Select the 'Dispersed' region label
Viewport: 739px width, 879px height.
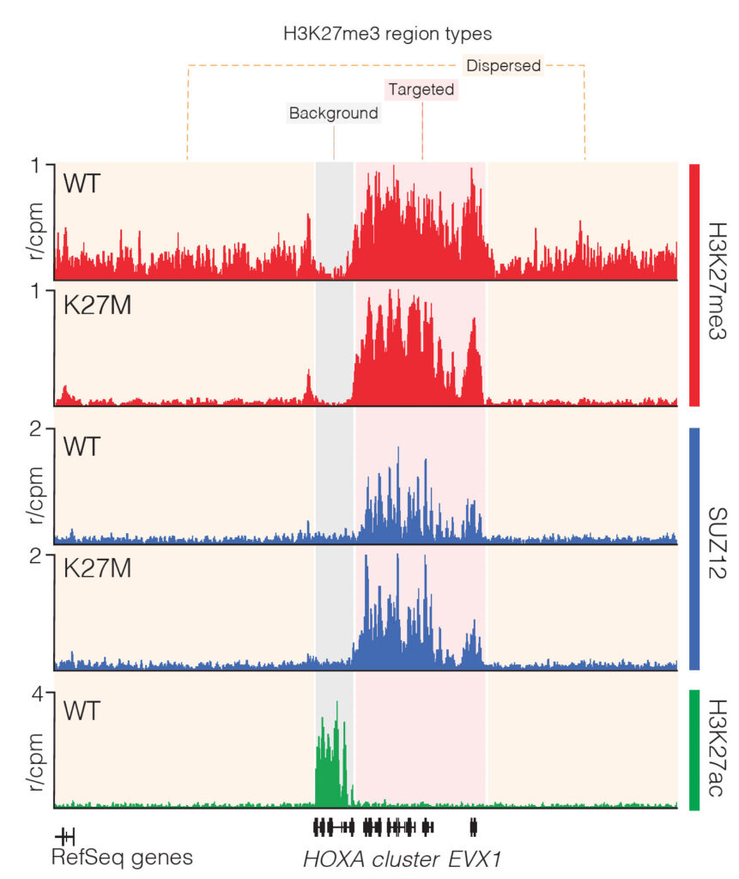[503, 65]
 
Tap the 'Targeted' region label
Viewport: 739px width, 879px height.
[421, 89]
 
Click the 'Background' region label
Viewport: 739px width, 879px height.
[333, 113]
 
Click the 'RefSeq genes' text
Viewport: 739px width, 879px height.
[122, 857]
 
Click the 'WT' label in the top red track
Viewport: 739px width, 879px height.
[82, 182]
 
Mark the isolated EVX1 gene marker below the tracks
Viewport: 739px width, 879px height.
[473, 827]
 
